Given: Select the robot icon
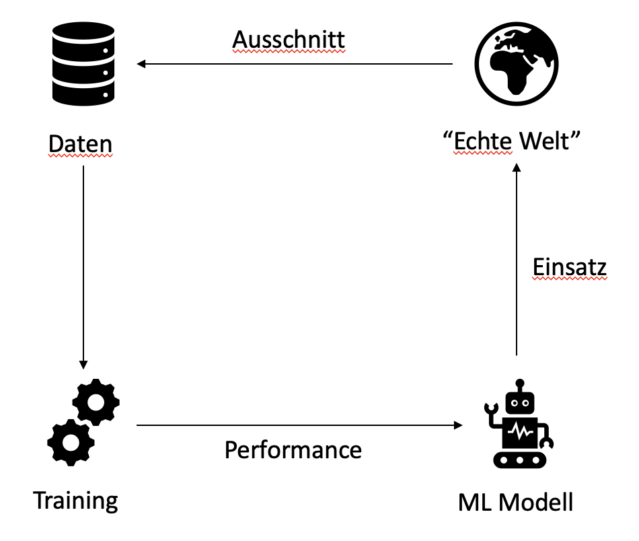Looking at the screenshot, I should pyautogui.click(x=518, y=423).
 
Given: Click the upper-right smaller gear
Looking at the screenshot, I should pyautogui.click(x=96, y=402).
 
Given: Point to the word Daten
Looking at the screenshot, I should pyautogui.click(x=80, y=144).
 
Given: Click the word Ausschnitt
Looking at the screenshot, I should pyautogui.click(x=289, y=40).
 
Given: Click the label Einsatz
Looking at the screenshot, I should pyautogui.click(x=570, y=267).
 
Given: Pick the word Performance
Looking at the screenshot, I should pyautogui.click(x=293, y=449).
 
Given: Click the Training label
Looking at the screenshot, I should pyautogui.click(x=75, y=501).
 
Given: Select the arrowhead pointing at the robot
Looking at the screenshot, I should pyautogui.click(x=459, y=425).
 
